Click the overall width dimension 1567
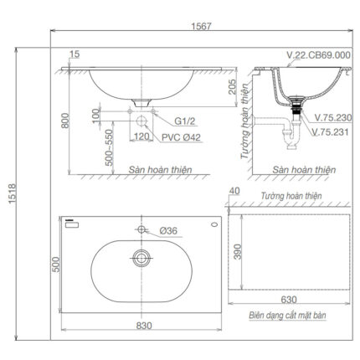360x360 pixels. tap(192, 26)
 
